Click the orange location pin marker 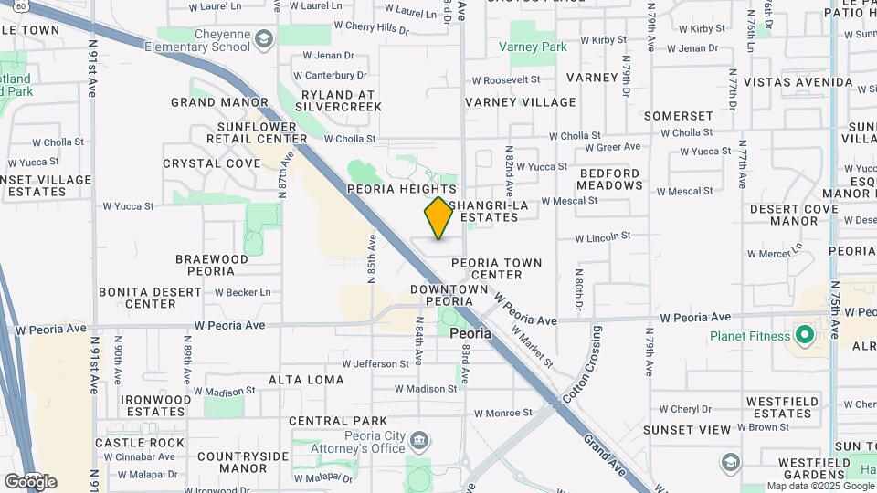point(439,218)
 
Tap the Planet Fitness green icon point(805,336)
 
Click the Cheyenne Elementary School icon point(264,38)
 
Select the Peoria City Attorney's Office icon point(418,441)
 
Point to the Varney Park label point(533,47)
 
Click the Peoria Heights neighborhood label point(401,189)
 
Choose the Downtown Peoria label point(449,295)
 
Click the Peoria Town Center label point(497,268)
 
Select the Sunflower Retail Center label point(262,132)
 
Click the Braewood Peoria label point(212,265)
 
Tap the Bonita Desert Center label point(151,298)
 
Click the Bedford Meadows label point(610,179)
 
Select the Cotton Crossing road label point(584,362)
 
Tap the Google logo point(30,481)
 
